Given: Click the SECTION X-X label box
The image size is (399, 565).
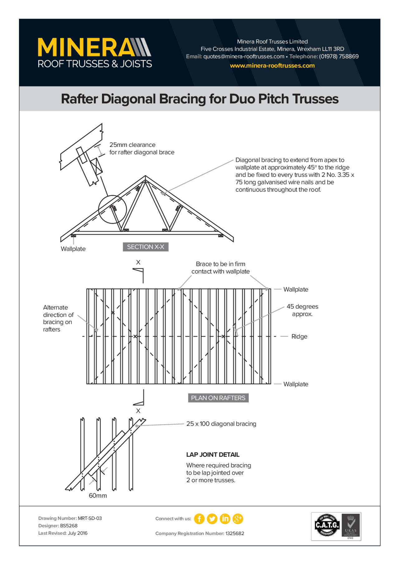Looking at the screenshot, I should point(146,247).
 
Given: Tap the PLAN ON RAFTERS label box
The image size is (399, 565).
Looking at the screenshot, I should point(218,398).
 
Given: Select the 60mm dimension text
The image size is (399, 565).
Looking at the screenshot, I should point(98,495).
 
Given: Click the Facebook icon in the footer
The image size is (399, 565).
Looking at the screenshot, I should point(199,519).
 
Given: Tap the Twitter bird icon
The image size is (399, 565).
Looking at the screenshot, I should point(212,519).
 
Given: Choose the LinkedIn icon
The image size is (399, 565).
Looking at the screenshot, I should point(225,519).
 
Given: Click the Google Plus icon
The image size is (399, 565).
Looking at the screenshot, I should point(238,519).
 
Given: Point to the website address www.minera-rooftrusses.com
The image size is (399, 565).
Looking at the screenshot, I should point(272,66).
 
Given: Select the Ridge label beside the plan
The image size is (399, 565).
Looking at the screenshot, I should point(299,336).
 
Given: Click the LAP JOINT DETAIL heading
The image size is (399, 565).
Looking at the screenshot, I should point(213,455).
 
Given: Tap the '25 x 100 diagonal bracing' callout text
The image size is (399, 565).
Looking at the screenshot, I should point(221,424).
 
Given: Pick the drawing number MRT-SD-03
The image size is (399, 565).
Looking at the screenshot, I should point(90,518).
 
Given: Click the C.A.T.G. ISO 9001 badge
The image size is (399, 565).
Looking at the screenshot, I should point(327,525).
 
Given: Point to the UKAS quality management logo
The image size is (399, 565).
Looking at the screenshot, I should point(351,526).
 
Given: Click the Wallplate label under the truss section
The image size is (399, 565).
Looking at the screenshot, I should point(73,249).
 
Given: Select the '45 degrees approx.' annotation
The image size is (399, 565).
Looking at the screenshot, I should point(302,310).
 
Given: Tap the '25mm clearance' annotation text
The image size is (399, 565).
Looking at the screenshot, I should point(132,145).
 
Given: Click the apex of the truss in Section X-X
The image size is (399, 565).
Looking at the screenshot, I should point(145,177).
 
